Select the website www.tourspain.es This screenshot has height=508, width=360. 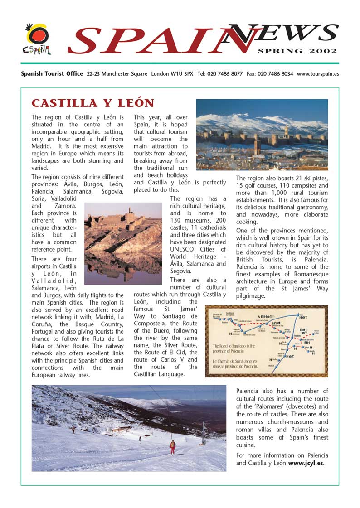pos(318,73)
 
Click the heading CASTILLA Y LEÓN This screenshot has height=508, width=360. pos(93,103)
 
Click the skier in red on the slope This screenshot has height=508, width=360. pos(173,447)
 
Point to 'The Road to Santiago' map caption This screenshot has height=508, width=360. pos(234,348)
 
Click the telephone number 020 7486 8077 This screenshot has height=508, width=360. pos(225,73)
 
